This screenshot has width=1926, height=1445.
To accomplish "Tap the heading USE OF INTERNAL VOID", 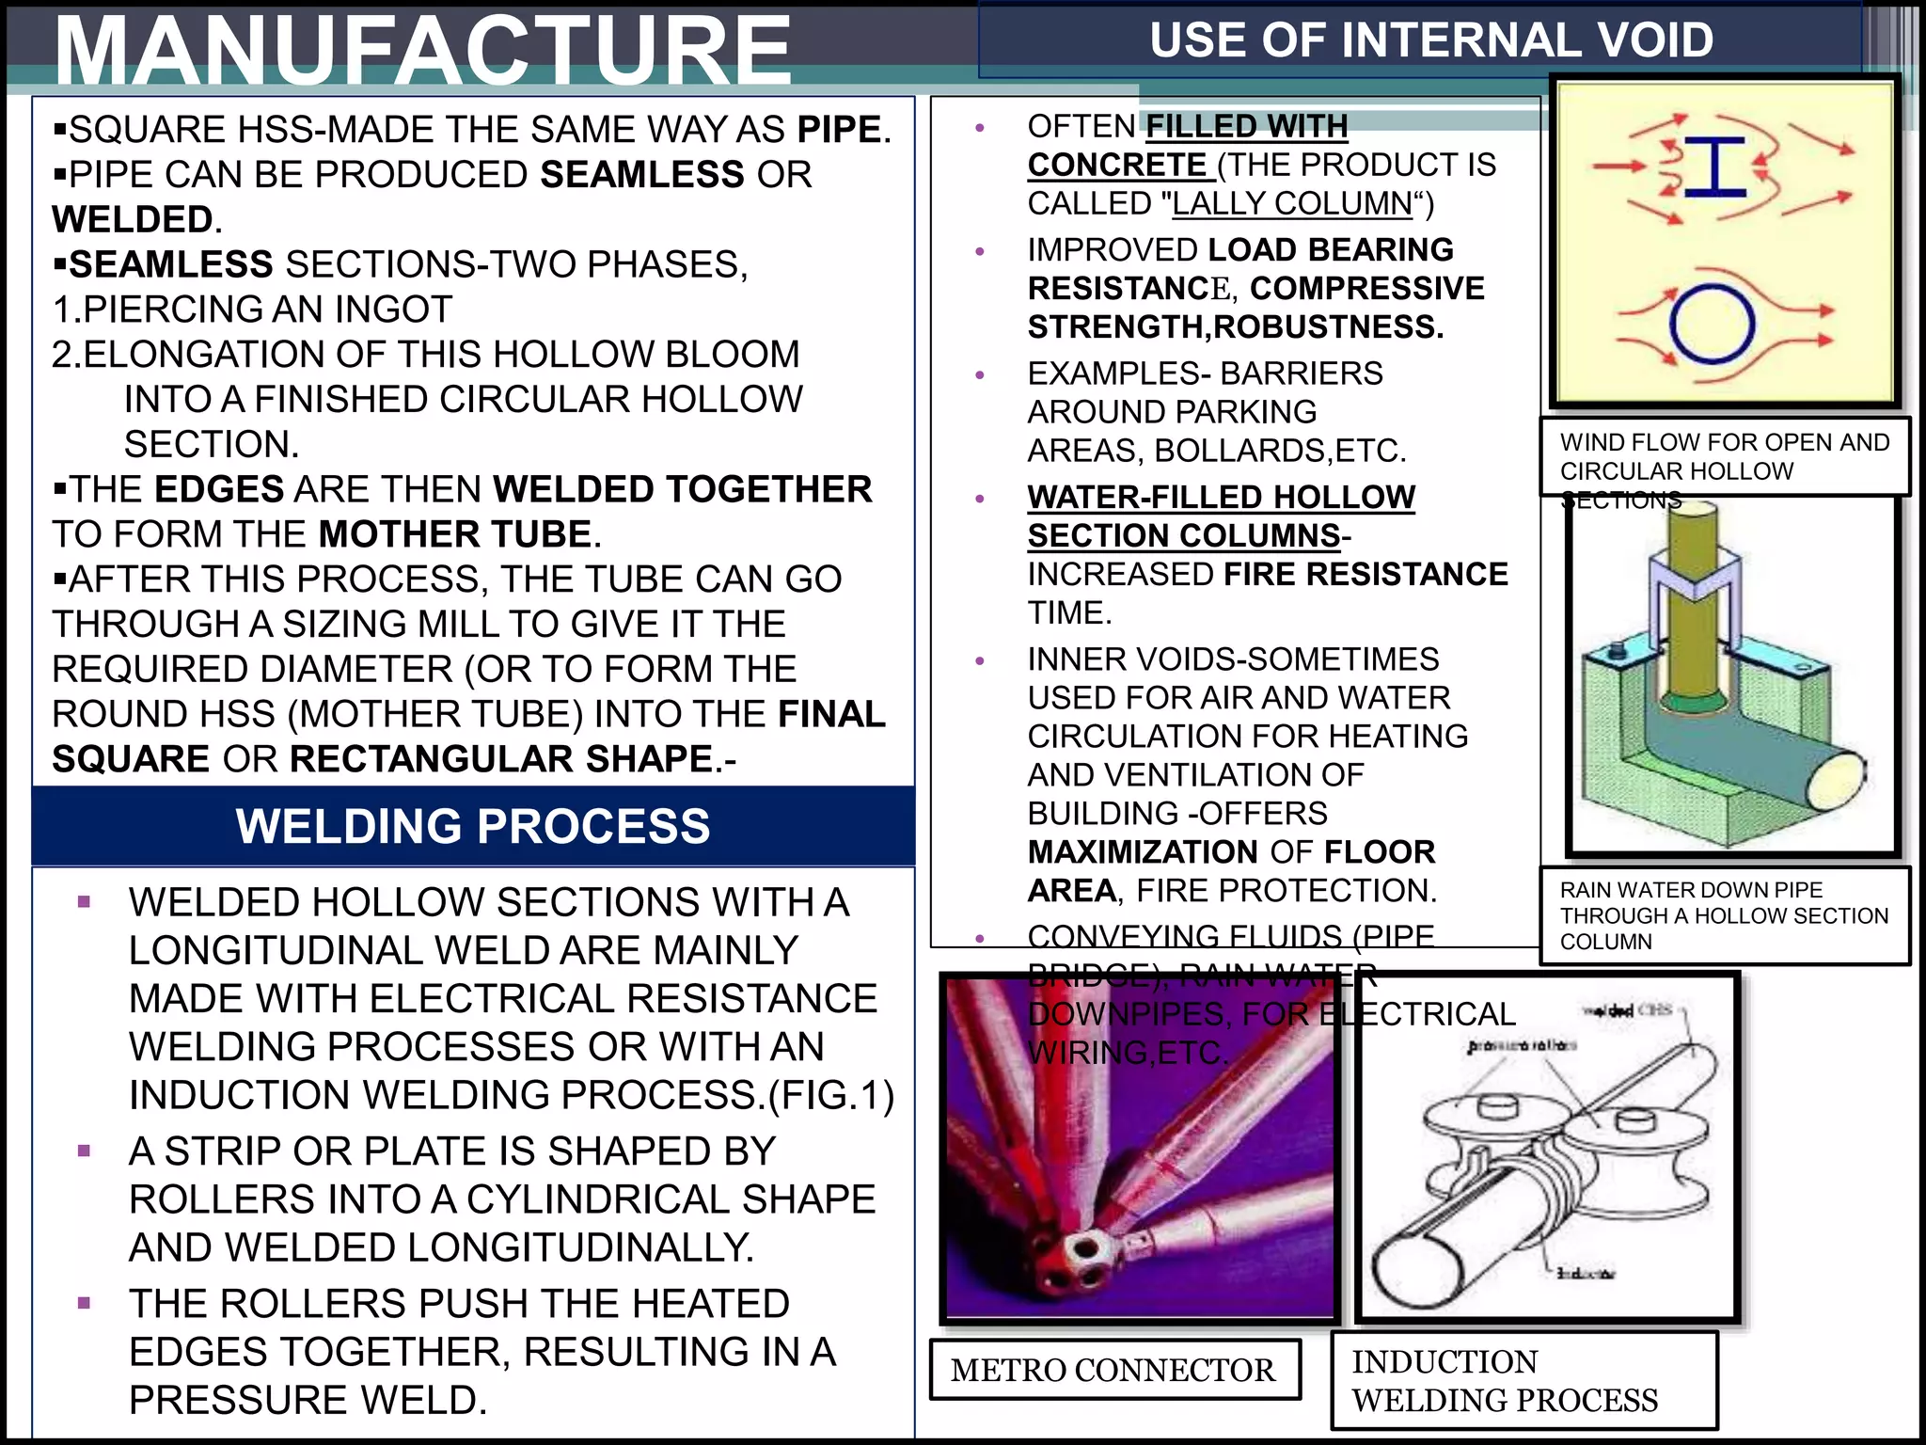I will (x=1430, y=40).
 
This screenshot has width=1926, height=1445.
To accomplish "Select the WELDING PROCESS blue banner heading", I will (x=473, y=826).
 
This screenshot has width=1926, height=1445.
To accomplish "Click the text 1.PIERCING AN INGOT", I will (x=252, y=310).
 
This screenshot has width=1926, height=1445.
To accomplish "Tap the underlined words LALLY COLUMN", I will (x=1292, y=203).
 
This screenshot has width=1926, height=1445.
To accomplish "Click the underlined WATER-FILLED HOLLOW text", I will (x=1221, y=497).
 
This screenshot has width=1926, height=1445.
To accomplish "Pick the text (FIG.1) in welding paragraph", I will (x=830, y=1095).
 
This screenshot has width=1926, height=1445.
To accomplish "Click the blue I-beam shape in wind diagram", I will (x=1714, y=167).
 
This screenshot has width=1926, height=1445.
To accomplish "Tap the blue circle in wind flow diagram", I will (x=1712, y=325).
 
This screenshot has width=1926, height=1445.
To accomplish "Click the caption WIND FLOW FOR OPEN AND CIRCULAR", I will (x=1724, y=456).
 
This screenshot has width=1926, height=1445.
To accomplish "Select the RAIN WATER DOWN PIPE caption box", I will (x=1724, y=915).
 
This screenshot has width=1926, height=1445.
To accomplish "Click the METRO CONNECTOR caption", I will (x=1113, y=1370).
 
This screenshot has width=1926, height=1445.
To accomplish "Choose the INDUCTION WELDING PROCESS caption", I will (x=1505, y=1380).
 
